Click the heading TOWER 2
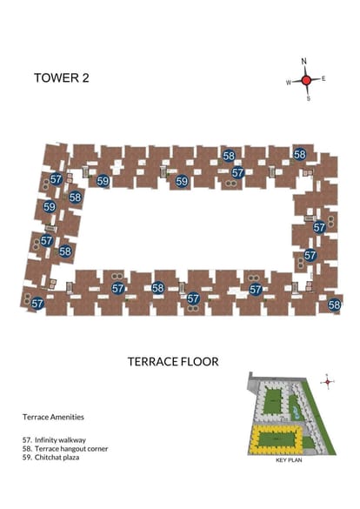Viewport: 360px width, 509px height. pos(61,78)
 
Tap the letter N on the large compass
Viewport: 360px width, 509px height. pos(303,61)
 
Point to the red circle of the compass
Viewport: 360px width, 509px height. pos(306,80)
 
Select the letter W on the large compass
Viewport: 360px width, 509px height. pos(289,83)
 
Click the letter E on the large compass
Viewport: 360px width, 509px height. pos(323,78)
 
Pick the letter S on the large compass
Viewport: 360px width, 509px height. pos(309,98)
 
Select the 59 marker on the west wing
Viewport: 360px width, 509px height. pos(50,207)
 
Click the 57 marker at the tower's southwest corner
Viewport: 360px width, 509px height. pos(37,304)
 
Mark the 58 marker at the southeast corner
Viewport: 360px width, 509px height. pos(335,305)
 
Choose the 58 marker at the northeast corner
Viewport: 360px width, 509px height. pos(300,155)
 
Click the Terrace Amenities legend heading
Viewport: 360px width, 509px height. pos(53,417)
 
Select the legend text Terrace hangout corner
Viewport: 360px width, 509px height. pos(71,449)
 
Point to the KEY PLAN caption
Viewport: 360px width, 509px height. pos(289,460)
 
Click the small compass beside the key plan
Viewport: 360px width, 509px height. pos(327,382)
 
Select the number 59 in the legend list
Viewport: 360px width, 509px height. pos(27,458)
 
